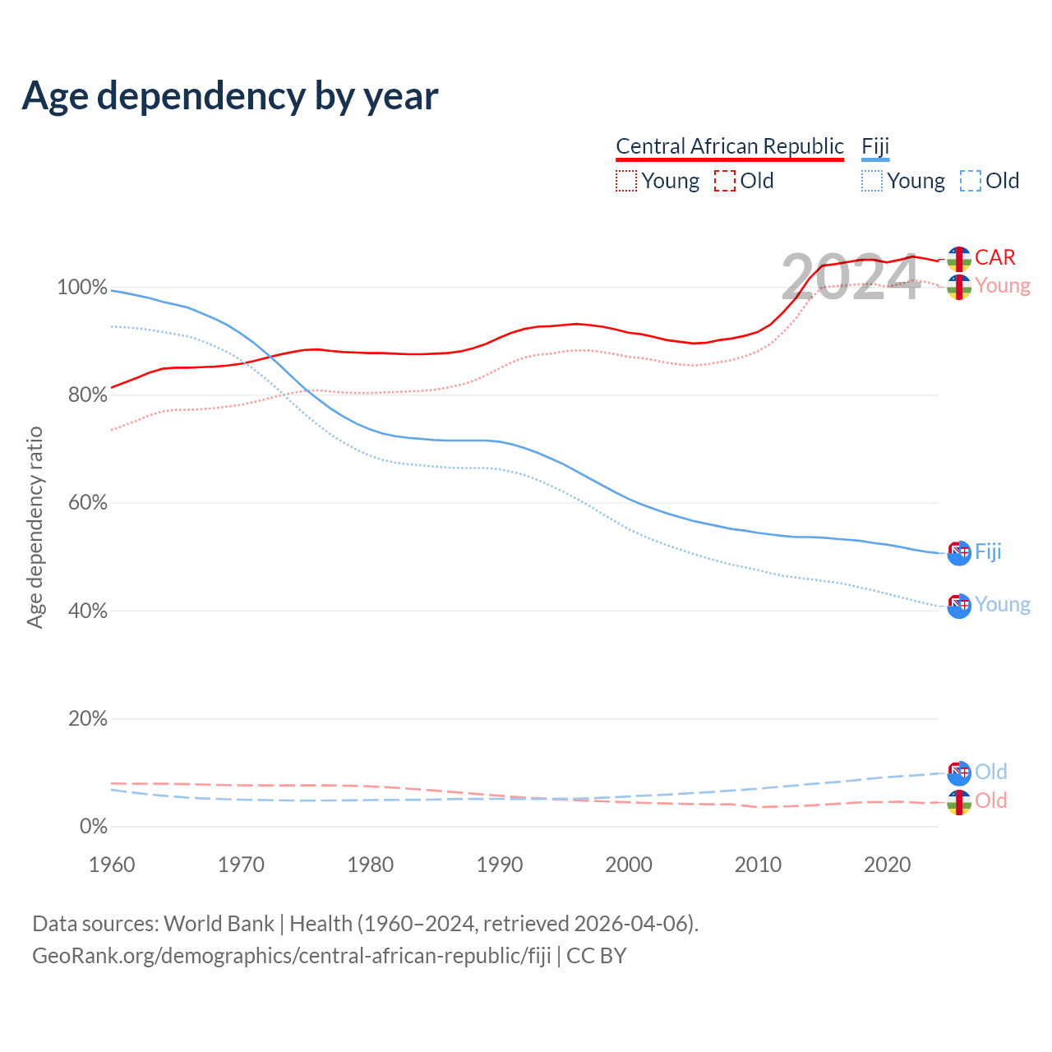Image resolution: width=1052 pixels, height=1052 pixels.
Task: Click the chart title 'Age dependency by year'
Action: coord(230,96)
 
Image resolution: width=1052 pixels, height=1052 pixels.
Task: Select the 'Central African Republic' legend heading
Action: coord(730,146)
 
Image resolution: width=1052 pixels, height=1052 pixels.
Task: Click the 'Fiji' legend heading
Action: coord(875,146)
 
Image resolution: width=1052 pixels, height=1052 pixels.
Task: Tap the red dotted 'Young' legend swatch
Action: coord(626,181)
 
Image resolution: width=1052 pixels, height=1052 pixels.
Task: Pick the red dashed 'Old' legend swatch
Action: coord(725,181)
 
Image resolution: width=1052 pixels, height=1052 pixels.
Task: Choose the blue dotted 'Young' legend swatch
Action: coord(872,181)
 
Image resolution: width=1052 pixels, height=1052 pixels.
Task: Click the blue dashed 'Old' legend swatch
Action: coord(971,181)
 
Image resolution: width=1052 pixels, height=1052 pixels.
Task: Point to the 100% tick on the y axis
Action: coord(82,288)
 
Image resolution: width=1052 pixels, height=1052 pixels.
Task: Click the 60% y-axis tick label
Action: coord(87,503)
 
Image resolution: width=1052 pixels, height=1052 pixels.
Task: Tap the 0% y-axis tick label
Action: coord(93,827)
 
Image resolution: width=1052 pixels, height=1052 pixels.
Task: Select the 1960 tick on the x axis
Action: coord(112,865)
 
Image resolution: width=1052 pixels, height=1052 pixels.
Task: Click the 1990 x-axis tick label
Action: coord(500,865)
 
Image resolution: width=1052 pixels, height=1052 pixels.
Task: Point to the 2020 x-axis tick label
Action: coord(888,865)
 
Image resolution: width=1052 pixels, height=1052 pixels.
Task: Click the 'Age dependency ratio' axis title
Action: coord(35,528)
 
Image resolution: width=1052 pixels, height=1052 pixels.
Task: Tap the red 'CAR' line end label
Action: coord(995,257)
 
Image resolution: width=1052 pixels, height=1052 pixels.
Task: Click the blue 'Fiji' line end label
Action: coord(988,551)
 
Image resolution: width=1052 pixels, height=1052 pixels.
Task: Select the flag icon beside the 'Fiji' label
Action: coord(959,553)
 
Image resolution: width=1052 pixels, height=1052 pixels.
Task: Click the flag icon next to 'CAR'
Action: coord(959,259)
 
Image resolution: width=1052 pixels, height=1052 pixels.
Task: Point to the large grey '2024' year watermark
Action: coord(851,278)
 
